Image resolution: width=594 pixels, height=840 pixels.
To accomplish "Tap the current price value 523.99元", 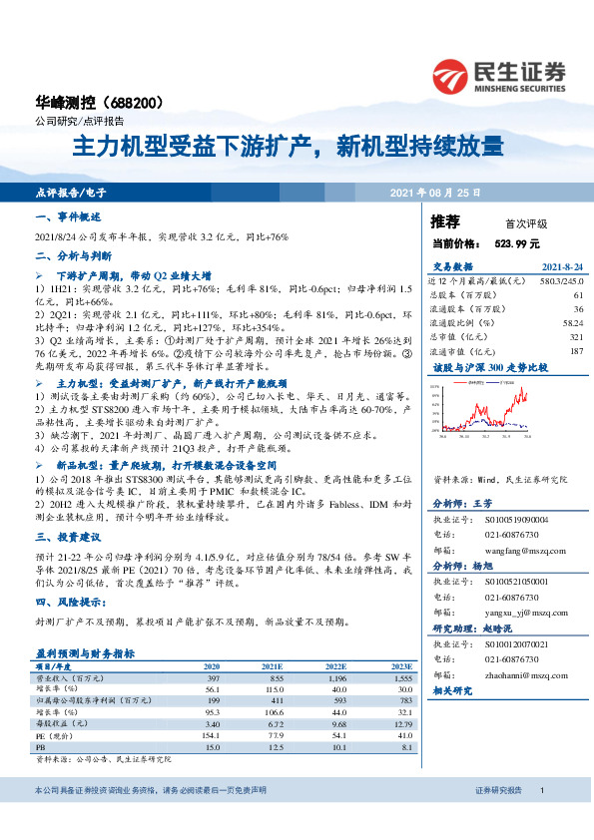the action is point(516,242).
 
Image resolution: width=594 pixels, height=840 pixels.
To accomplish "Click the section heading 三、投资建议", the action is point(67,536).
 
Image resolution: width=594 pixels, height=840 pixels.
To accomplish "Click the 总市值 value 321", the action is point(577,337).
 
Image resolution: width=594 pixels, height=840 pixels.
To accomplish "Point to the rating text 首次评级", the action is point(515,223).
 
